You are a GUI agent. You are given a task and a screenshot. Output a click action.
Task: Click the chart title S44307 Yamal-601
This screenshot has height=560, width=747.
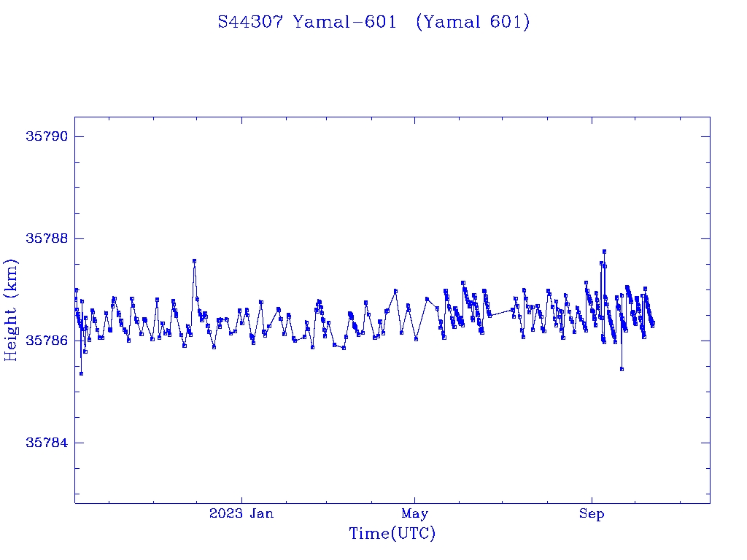point(373,23)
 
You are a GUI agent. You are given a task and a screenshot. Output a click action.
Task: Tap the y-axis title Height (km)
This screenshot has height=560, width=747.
point(11,310)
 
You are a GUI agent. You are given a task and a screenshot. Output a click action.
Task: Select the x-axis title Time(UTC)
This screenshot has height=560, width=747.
point(392,534)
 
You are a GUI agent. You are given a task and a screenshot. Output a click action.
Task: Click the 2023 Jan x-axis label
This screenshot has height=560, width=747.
point(241,513)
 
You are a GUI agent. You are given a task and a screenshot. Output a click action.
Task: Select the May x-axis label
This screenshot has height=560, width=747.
point(414,513)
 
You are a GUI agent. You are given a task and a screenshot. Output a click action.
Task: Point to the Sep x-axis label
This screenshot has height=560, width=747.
point(592,513)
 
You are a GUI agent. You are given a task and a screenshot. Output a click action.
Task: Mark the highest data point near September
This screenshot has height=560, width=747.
point(604,252)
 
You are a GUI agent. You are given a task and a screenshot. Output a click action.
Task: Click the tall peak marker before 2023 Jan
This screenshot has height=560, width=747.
point(194,260)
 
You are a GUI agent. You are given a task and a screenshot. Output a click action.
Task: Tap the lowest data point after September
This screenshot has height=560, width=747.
point(622,369)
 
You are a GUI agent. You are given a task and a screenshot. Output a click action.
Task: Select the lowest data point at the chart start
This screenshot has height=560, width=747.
point(81,373)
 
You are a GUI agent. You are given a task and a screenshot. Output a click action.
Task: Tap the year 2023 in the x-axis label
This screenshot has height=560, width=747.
point(225,513)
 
